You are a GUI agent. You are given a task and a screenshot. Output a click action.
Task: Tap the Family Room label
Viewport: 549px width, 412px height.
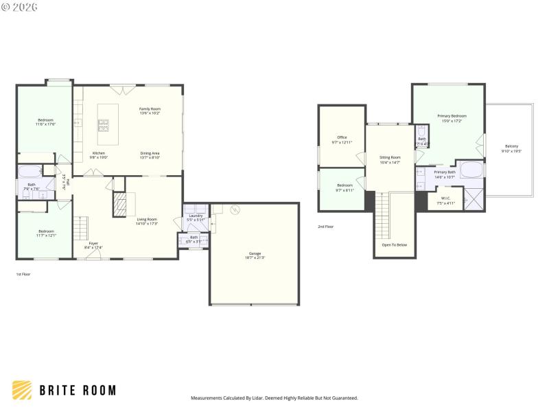pos(150,111)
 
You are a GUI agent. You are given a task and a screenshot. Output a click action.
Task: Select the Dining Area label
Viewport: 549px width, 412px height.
pos(150,154)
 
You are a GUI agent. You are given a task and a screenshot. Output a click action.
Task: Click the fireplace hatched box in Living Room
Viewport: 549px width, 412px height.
pos(120,205)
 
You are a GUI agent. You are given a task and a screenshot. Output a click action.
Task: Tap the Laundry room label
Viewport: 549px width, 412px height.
pos(196,217)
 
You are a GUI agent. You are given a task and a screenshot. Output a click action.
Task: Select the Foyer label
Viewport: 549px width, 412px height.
pos(93,244)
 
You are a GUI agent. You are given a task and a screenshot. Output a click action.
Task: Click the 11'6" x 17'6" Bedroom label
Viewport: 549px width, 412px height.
pos(46,122)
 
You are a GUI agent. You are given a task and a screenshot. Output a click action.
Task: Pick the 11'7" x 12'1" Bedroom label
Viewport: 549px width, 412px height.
pos(47,233)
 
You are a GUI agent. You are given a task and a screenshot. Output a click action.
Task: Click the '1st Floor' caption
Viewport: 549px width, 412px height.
pos(23,274)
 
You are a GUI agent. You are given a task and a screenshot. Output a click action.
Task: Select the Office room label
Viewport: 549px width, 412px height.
pos(342,139)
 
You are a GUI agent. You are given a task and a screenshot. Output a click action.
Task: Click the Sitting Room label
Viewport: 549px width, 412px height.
pos(390,159)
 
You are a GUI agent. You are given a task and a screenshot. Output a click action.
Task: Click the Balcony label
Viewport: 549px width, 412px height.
pos(511,148)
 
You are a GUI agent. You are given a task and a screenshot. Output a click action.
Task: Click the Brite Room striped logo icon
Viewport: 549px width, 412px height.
pos(22,390)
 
